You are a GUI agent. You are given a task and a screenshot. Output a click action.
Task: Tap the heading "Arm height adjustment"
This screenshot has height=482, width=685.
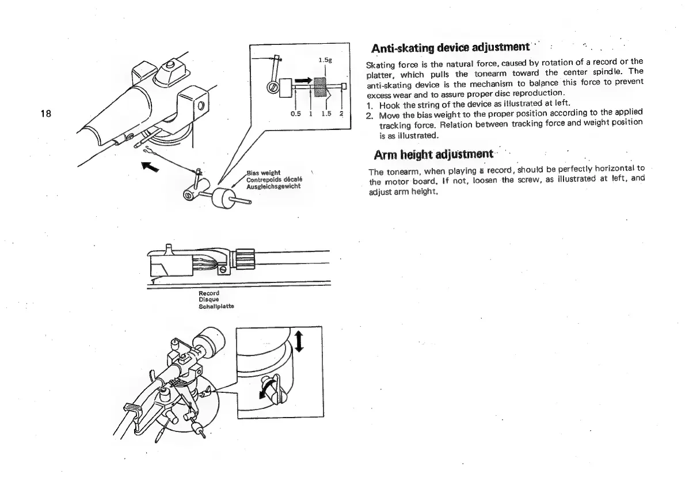433,155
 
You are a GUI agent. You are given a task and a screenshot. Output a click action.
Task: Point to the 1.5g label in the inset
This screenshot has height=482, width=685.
324,60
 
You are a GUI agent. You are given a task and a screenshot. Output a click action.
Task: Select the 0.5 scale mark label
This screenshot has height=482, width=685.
296,113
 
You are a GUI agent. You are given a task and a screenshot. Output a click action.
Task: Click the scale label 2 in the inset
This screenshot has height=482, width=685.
341,113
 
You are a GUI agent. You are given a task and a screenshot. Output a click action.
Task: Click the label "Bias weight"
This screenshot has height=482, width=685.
263,173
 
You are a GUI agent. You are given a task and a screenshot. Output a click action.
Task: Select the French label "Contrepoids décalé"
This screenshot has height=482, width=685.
271,179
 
